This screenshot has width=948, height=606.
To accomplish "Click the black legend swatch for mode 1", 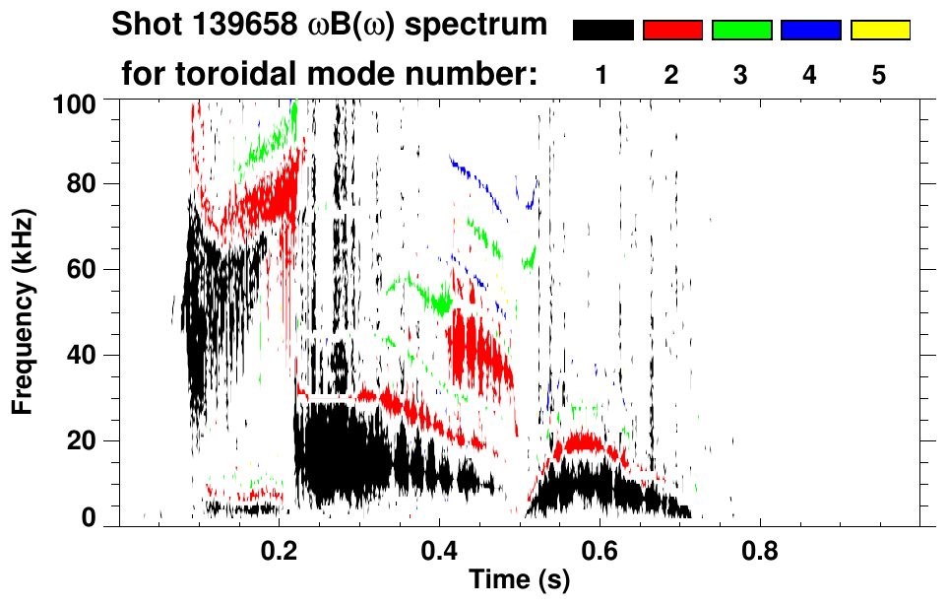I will (602, 31).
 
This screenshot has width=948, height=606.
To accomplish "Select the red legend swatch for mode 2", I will (672, 31).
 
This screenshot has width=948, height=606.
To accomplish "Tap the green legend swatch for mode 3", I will (741, 31).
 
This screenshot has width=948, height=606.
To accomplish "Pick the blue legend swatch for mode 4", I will (810, 31).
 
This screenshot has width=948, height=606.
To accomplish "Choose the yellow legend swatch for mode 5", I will (879, 31).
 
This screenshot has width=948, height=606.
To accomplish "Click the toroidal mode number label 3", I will (741, 75).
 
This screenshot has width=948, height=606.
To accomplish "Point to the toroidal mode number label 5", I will (879, 75).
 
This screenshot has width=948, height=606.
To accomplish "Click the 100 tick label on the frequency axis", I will (75, 102).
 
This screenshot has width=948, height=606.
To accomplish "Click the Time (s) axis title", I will (518, 581).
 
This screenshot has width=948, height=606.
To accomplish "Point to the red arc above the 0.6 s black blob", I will (587, 442).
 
